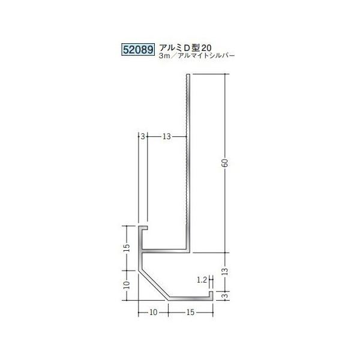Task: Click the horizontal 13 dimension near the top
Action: click(167, 137)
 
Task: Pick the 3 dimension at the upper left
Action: click(142, 137)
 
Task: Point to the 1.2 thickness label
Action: click(202, 280)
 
